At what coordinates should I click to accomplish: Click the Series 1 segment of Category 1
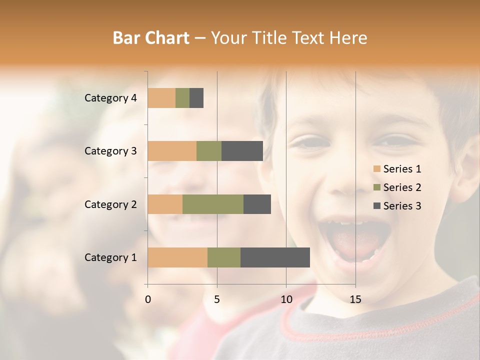[177, 257]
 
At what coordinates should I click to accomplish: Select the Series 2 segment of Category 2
[213, 204]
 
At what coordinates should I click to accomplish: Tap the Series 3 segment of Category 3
[242, 151]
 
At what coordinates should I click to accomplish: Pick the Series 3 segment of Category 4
[196, 98]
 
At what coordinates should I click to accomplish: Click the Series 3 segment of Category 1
[275, 257]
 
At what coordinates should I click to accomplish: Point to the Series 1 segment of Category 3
[172, 151]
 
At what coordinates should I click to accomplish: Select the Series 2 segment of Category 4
[182, 98]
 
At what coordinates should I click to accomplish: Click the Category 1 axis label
[110, 257]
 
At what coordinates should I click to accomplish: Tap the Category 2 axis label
[110, 204]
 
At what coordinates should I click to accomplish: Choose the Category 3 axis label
[110, 151]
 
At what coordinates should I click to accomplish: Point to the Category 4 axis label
[110, 98]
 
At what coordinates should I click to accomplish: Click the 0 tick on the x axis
[148, 299]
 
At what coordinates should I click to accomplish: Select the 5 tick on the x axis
[217, 299]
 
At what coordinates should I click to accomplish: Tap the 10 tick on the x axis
[286, 299]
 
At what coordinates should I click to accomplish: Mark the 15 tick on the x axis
[355, 299]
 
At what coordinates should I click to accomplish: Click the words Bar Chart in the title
[150, 38]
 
